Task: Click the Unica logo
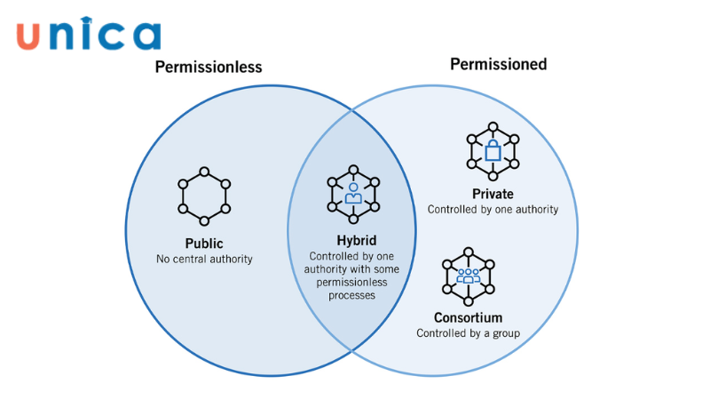88,35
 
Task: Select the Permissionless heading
209,67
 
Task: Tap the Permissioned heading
498,64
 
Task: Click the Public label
204,244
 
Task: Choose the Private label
493,194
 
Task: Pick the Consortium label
468,317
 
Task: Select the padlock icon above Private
493,149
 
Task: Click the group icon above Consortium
468,276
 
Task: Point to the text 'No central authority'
204,260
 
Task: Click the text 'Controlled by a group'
468,333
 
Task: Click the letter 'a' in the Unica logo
144,36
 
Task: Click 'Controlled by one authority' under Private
493,210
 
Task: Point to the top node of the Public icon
204,171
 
